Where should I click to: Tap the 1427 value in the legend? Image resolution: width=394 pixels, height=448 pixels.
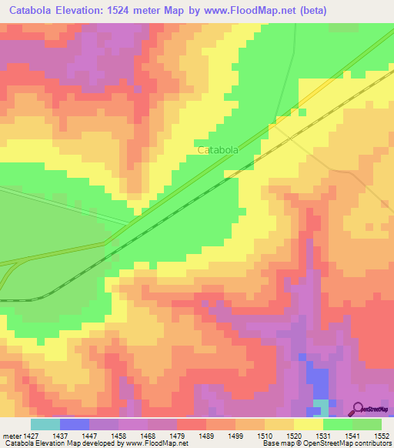click(32, 435)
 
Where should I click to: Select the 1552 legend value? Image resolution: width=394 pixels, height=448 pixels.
click(382, 435)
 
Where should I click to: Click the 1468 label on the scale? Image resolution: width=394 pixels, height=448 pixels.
click(149, 435)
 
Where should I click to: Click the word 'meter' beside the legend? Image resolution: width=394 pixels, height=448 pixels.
click(10, 435)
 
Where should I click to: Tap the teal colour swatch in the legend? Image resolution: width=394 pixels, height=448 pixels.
click(45, 424)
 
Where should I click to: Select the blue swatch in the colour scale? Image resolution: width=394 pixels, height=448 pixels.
click(75, 424)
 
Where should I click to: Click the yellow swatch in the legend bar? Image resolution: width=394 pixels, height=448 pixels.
click(309, 424)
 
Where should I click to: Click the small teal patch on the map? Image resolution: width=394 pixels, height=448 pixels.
click(320, 405)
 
